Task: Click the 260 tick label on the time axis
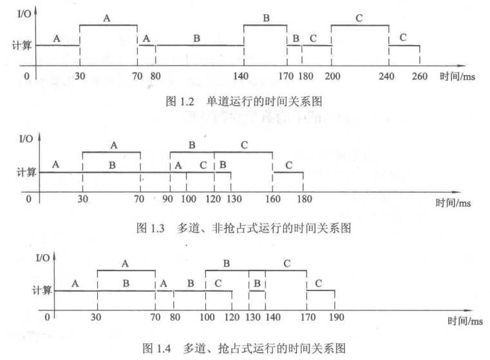click(x=419, y=76)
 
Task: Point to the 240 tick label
click(x=389, y=76)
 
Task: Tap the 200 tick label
click(x=331, y=76)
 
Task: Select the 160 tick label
click(x=272, y=199)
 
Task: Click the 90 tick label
click(x=169, y=199)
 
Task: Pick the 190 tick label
click(x=334, y=317)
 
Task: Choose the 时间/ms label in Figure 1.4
click(x=464, y=321)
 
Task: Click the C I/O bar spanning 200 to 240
click(x=360, y=25)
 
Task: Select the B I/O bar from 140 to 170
click(x=265, y=25)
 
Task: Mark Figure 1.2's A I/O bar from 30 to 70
click(x=108, y=25)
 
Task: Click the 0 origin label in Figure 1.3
click(x=28, y=199)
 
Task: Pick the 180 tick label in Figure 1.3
click(x=303, y=199)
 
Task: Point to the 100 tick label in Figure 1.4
click(x=206, y=317)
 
